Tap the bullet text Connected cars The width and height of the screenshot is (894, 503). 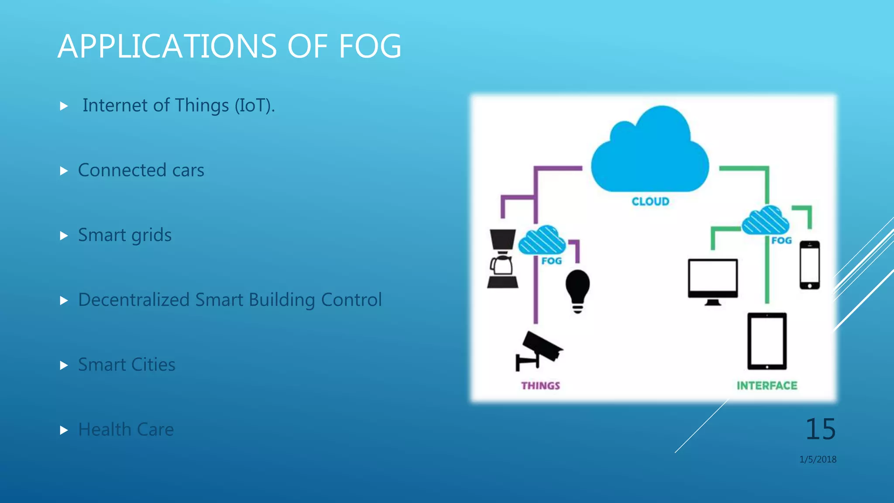tap(141, 170)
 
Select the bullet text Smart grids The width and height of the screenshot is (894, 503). tap(125, 235)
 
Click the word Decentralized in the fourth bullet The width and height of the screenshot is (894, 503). tap(134, 300)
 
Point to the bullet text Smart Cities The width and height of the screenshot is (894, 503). tap(127, 365)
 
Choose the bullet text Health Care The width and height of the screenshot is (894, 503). tap(126, 430)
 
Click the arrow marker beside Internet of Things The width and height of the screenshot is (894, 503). tap(64, 106)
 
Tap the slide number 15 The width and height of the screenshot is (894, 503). tap(820, 429)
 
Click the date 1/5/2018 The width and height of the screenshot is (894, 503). tap(818, 459)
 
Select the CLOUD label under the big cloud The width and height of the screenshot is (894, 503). tap(650, 202)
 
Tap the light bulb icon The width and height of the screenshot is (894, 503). tap(578, 290)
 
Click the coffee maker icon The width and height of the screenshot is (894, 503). tap(502, 259)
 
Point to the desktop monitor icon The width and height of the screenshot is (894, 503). tap(712, 281)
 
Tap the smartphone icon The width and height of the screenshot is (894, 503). tap(809, 265)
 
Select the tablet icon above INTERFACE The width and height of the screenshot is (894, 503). tap(767, 341)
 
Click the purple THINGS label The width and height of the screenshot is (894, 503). tap(540, 386)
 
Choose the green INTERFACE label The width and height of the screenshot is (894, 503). tap(767, 386)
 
